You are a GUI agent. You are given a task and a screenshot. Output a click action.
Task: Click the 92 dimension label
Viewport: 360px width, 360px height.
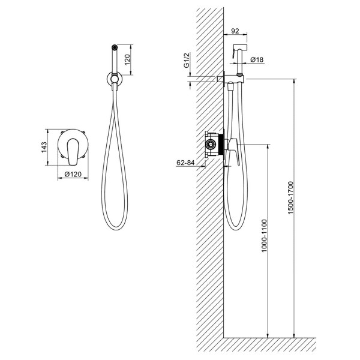click(x=235, y=31)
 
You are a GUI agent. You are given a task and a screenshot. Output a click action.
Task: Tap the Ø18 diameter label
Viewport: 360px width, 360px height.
click(x=257, y=59)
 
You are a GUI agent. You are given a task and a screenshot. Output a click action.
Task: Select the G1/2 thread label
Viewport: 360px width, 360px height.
click(x=187, y=61)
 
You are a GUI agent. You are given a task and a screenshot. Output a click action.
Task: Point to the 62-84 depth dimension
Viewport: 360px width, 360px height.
click(x=185, y=163)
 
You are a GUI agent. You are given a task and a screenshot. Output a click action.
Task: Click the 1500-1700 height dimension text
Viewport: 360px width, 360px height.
click(x=290, y=197)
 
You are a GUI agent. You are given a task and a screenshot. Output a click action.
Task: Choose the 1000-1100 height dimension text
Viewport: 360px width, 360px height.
click(x=264, y=236)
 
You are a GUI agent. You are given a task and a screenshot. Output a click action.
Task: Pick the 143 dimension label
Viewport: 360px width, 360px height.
click(x=44, y=148)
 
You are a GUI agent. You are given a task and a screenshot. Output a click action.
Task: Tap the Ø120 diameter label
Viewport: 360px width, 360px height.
click(x=73, y=174)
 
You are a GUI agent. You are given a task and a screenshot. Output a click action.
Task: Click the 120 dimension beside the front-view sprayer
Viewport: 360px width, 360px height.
click(x=127, y=59)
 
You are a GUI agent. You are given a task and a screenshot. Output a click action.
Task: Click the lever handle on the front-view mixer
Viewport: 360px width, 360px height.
click(x=73, y=152)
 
